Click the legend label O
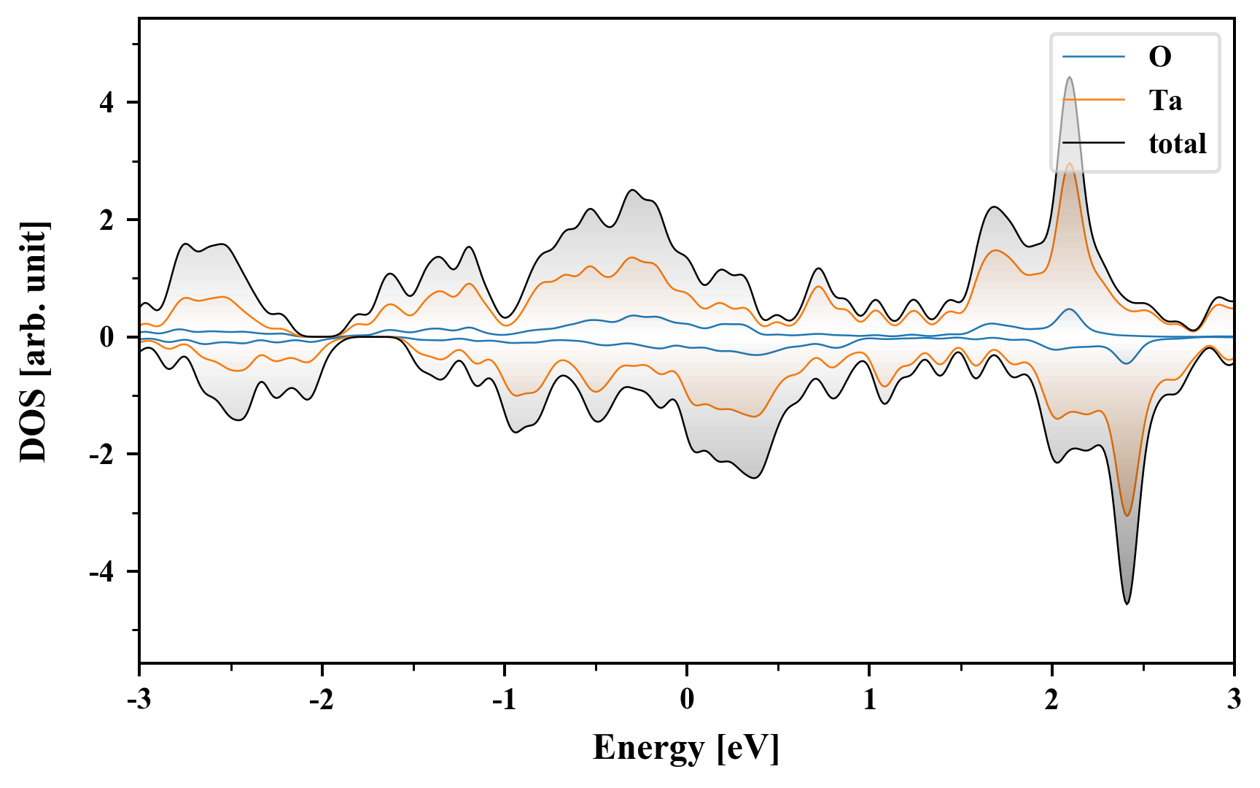pos(1160,57)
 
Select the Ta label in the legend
pos(1165,100)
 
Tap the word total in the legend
pos(1178,144)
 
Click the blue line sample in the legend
pos(1094,57)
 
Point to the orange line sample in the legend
pos(1094,100)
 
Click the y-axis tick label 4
pos(107,103)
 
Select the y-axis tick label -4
pos(103,572)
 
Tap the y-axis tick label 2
pos(107,220)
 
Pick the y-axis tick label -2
pos(103,455)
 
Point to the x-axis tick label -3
pos(139,700)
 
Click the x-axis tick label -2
pos(321,700)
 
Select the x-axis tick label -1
pos(503,700)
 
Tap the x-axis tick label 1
pos(870,700)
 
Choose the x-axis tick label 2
pos(1051,700)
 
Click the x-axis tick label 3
pos(1234,700)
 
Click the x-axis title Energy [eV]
pos(686,748)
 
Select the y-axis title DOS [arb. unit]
pos(34,341)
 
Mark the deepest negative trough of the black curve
pos(1127,603)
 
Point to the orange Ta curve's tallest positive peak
pos(1070,164)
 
